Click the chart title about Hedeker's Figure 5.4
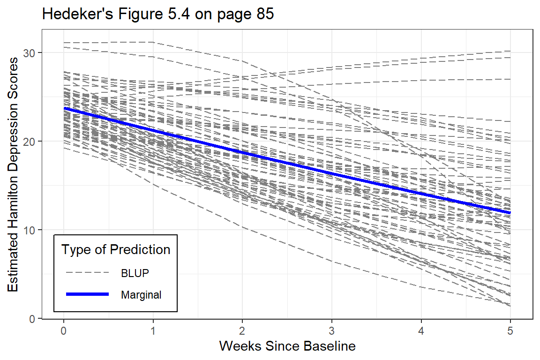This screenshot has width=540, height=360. [x=157, y=15]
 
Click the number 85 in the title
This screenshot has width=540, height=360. [x=264, y=15]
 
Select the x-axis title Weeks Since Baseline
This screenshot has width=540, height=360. [x=287, y=346]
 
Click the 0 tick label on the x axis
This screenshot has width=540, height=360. [x=64, y=330]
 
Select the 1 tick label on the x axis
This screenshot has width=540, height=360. [x=153, y=330]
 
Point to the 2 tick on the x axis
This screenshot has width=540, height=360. [x=242, y=330]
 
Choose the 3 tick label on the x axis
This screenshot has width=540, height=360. [x=332, y=330]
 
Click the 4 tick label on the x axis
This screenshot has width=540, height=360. [x=421, y=330]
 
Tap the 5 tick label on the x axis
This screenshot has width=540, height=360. [x=510, y=330]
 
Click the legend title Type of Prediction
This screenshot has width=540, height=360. [x=116, y=250]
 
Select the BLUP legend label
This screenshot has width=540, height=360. [x=135, y=273]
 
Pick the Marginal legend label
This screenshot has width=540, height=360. [x=141, y=295]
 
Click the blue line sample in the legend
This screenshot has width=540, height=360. [x=88, y=294]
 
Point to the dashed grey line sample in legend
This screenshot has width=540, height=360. [x=88, y=272]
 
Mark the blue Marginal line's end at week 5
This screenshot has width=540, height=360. [x=510, y=213]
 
